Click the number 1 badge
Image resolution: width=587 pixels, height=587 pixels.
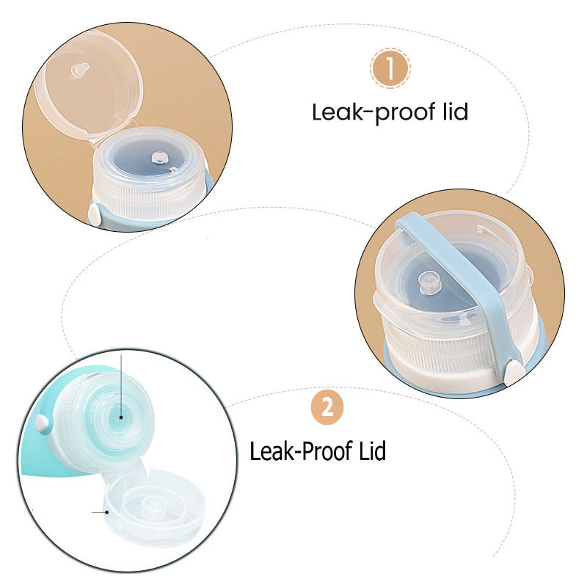(390, 68)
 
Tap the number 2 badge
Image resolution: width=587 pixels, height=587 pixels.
(327, 407)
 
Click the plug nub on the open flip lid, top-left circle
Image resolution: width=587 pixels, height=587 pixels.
(80, 70)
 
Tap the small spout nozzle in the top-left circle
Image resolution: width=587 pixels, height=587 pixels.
(160, 158)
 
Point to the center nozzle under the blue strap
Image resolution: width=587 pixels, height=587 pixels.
(429, 282)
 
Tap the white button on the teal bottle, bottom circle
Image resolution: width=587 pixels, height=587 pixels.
(42, 424)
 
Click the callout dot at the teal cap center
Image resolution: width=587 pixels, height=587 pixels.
(121, 417)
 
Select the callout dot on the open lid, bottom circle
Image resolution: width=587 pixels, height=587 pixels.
(107, 512)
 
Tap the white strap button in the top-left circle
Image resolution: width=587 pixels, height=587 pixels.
(95, 214)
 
